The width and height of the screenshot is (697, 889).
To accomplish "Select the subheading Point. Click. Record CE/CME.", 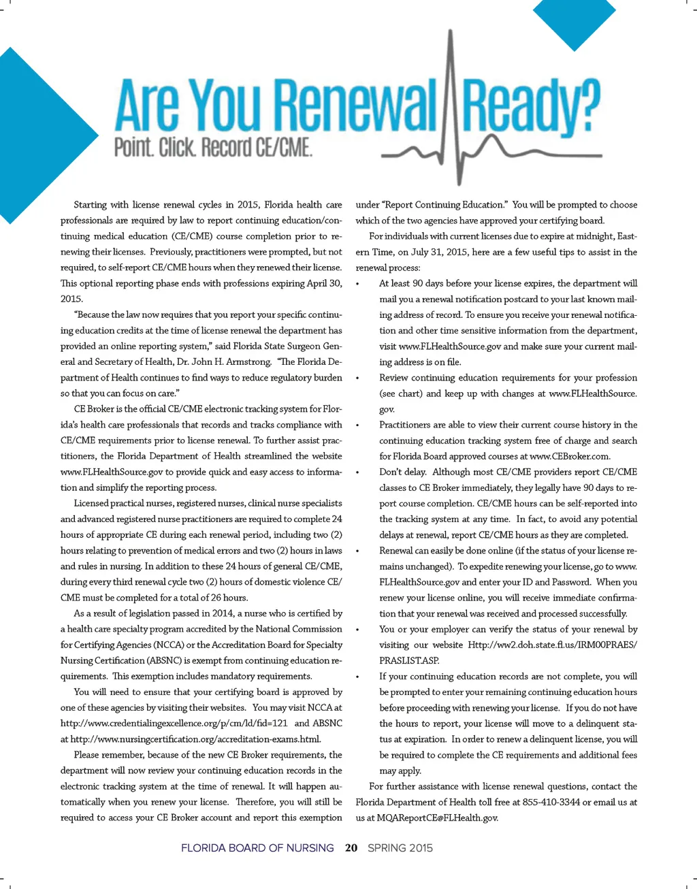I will [213, 147].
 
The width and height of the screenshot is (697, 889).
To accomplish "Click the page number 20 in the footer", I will [351, 848].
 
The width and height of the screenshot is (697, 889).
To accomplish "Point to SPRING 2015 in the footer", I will [400, 848].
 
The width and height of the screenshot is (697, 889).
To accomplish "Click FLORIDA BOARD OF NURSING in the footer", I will [257, 848].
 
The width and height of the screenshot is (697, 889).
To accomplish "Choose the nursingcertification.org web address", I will [195, 739].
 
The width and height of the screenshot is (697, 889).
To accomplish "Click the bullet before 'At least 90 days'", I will [358, 284].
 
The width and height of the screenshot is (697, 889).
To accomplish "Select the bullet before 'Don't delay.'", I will [358, 472].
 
